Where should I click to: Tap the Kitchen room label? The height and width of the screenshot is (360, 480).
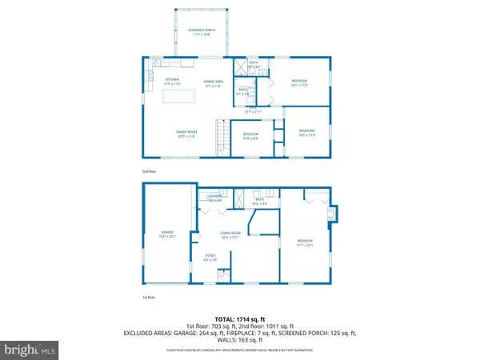tap(172, 82)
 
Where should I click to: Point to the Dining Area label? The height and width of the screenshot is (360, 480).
tap(213, 82)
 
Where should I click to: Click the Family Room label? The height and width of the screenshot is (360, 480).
tap(186, 134)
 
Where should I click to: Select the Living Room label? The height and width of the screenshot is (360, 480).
tap(231, 235)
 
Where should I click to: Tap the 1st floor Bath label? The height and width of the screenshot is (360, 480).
tap(259, 203)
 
